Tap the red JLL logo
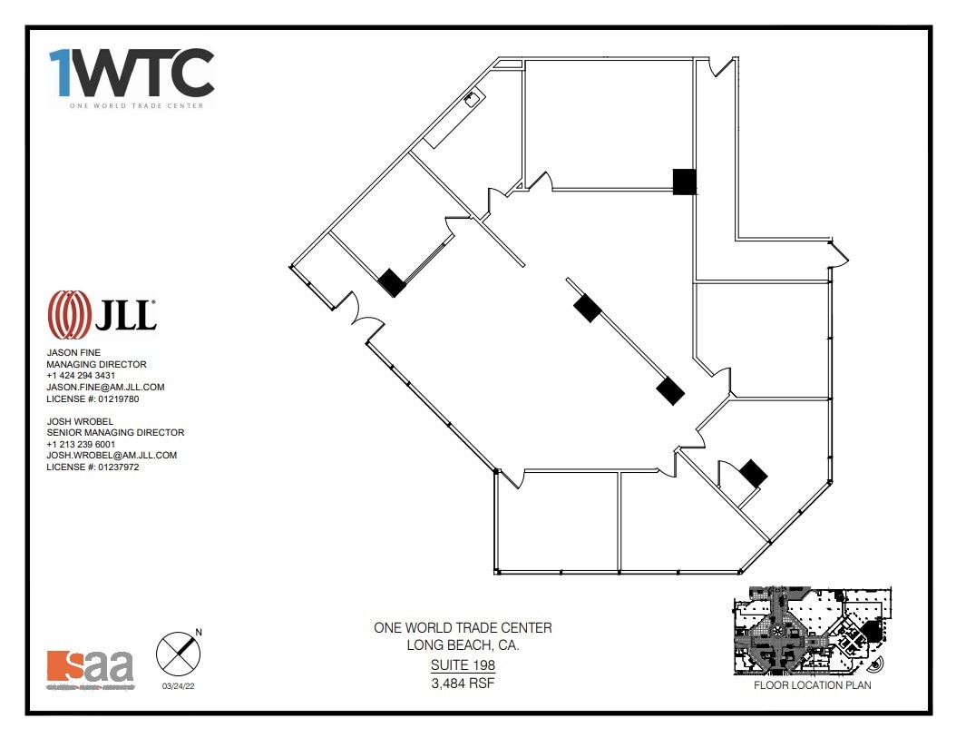102,314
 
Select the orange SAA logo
90,667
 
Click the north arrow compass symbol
178,653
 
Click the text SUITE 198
463,665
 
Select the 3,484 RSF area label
463,683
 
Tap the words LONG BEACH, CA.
463,645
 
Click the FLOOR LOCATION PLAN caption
812,685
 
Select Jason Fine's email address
105,387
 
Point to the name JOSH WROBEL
80,421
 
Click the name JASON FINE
74,352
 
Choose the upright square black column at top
685,182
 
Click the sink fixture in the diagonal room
473,100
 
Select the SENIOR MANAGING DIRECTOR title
115,433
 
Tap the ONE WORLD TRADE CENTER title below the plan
463,628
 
